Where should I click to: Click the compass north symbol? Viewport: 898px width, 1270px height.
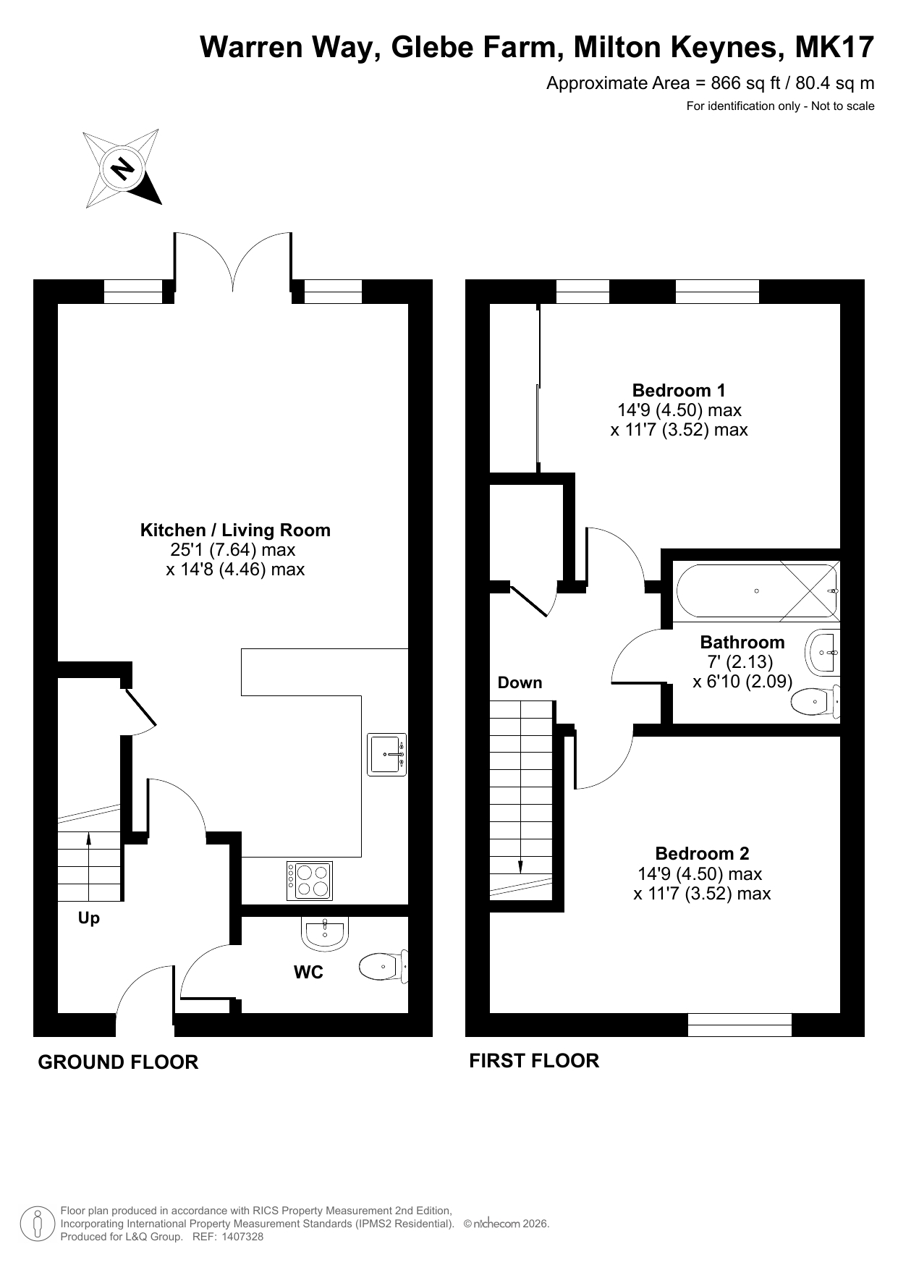click(122, 169)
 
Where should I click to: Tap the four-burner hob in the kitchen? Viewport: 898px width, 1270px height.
click(310, 881)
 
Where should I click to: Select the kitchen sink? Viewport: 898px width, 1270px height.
click(387, 755)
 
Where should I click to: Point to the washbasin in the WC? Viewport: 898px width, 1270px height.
click(325, 933)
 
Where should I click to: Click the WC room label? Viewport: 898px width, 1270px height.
click(308, 973)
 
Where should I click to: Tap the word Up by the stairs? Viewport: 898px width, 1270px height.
click(89, 919)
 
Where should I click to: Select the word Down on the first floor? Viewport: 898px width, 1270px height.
click(520, 683)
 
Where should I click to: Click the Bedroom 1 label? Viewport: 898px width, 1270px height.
click(679, 391)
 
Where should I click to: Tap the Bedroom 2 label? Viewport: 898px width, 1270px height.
click(702, 854)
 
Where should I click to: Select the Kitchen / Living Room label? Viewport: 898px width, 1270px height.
click(235, 530)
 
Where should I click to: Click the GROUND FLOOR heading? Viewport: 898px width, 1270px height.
click(118, 1062)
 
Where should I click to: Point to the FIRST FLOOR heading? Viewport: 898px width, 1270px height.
click(534, 1061)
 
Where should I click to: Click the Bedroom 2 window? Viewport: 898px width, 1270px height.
click(740, 1025)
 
